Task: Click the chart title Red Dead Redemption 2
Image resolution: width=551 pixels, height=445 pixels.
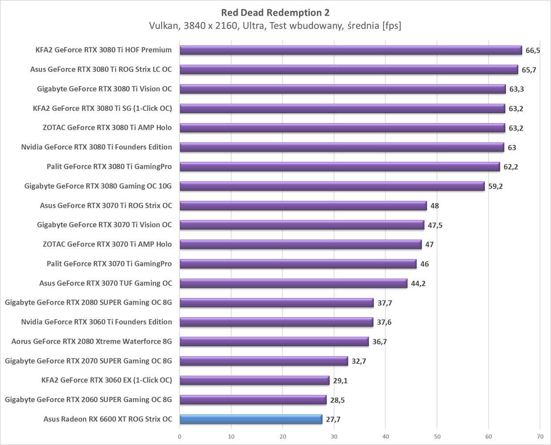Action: [275, 12]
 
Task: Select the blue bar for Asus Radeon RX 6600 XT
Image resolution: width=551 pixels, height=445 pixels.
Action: [251, 419]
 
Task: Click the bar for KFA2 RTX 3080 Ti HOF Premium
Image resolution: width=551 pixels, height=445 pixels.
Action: [351, 50]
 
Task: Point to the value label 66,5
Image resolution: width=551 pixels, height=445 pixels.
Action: [532, 50]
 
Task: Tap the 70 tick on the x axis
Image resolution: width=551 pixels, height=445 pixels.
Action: [540, 437]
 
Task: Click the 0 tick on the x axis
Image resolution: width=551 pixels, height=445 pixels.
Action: [180, 437]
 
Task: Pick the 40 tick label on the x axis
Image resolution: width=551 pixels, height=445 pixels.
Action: [386, 437]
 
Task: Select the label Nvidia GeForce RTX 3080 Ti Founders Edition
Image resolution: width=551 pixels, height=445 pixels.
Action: [96, 147]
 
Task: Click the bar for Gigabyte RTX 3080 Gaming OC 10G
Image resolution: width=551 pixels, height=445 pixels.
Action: [332, 186]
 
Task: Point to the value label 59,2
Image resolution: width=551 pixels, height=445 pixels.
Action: [495, 186]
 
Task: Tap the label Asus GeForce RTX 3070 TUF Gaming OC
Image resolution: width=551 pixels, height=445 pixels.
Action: [105, 283]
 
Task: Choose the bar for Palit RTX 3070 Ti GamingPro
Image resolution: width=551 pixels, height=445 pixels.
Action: [298, 264]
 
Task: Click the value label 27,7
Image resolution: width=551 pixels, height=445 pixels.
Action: [333, 419]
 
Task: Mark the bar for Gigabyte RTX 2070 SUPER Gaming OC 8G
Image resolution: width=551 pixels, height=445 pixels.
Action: [264, 361]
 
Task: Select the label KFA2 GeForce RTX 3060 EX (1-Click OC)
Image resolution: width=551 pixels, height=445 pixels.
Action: [106, 380]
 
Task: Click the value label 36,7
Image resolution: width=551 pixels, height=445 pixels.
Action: [379, 342]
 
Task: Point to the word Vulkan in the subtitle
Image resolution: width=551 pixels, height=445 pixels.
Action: [163, 26]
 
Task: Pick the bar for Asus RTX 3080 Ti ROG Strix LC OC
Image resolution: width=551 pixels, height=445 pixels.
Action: [349, 69]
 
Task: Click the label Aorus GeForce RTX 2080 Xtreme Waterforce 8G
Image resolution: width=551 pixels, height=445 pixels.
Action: [92, 341]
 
